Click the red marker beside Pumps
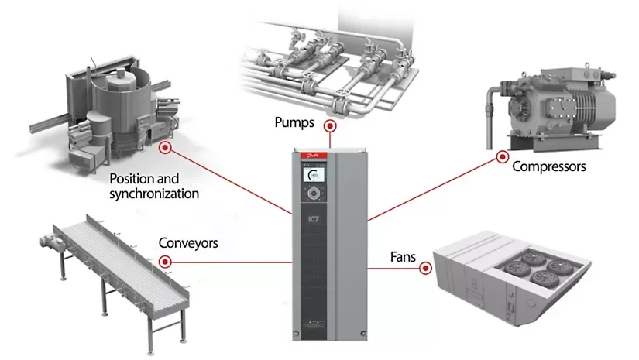[x=330, y=125]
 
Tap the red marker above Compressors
[x=501, y=156]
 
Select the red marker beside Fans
[x=424, y=269]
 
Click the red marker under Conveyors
[x=165, y=262]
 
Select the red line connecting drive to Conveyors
[x=225, y=262]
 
